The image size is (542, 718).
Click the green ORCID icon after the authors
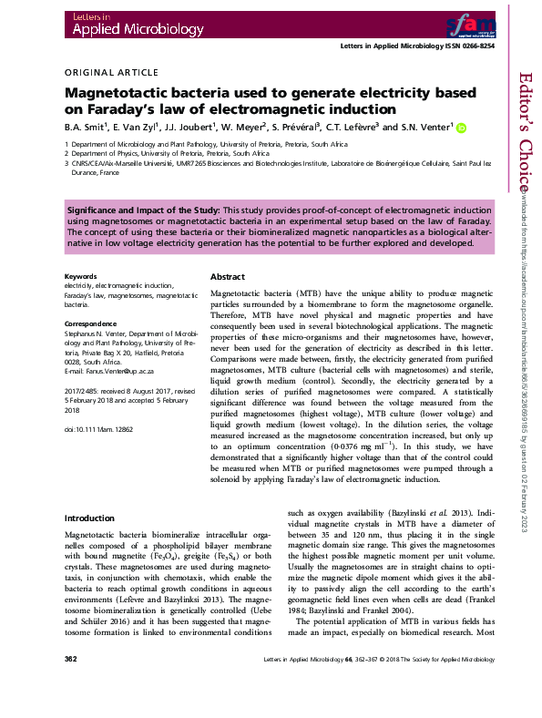coord(461,128)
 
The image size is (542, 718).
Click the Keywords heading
coord(81,276)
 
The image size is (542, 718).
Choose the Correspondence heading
coord(91,323)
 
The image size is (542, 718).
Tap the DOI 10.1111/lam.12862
coord(99,426)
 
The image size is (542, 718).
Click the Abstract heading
coord(228,277)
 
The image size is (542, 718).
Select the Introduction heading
coord(89,518)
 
